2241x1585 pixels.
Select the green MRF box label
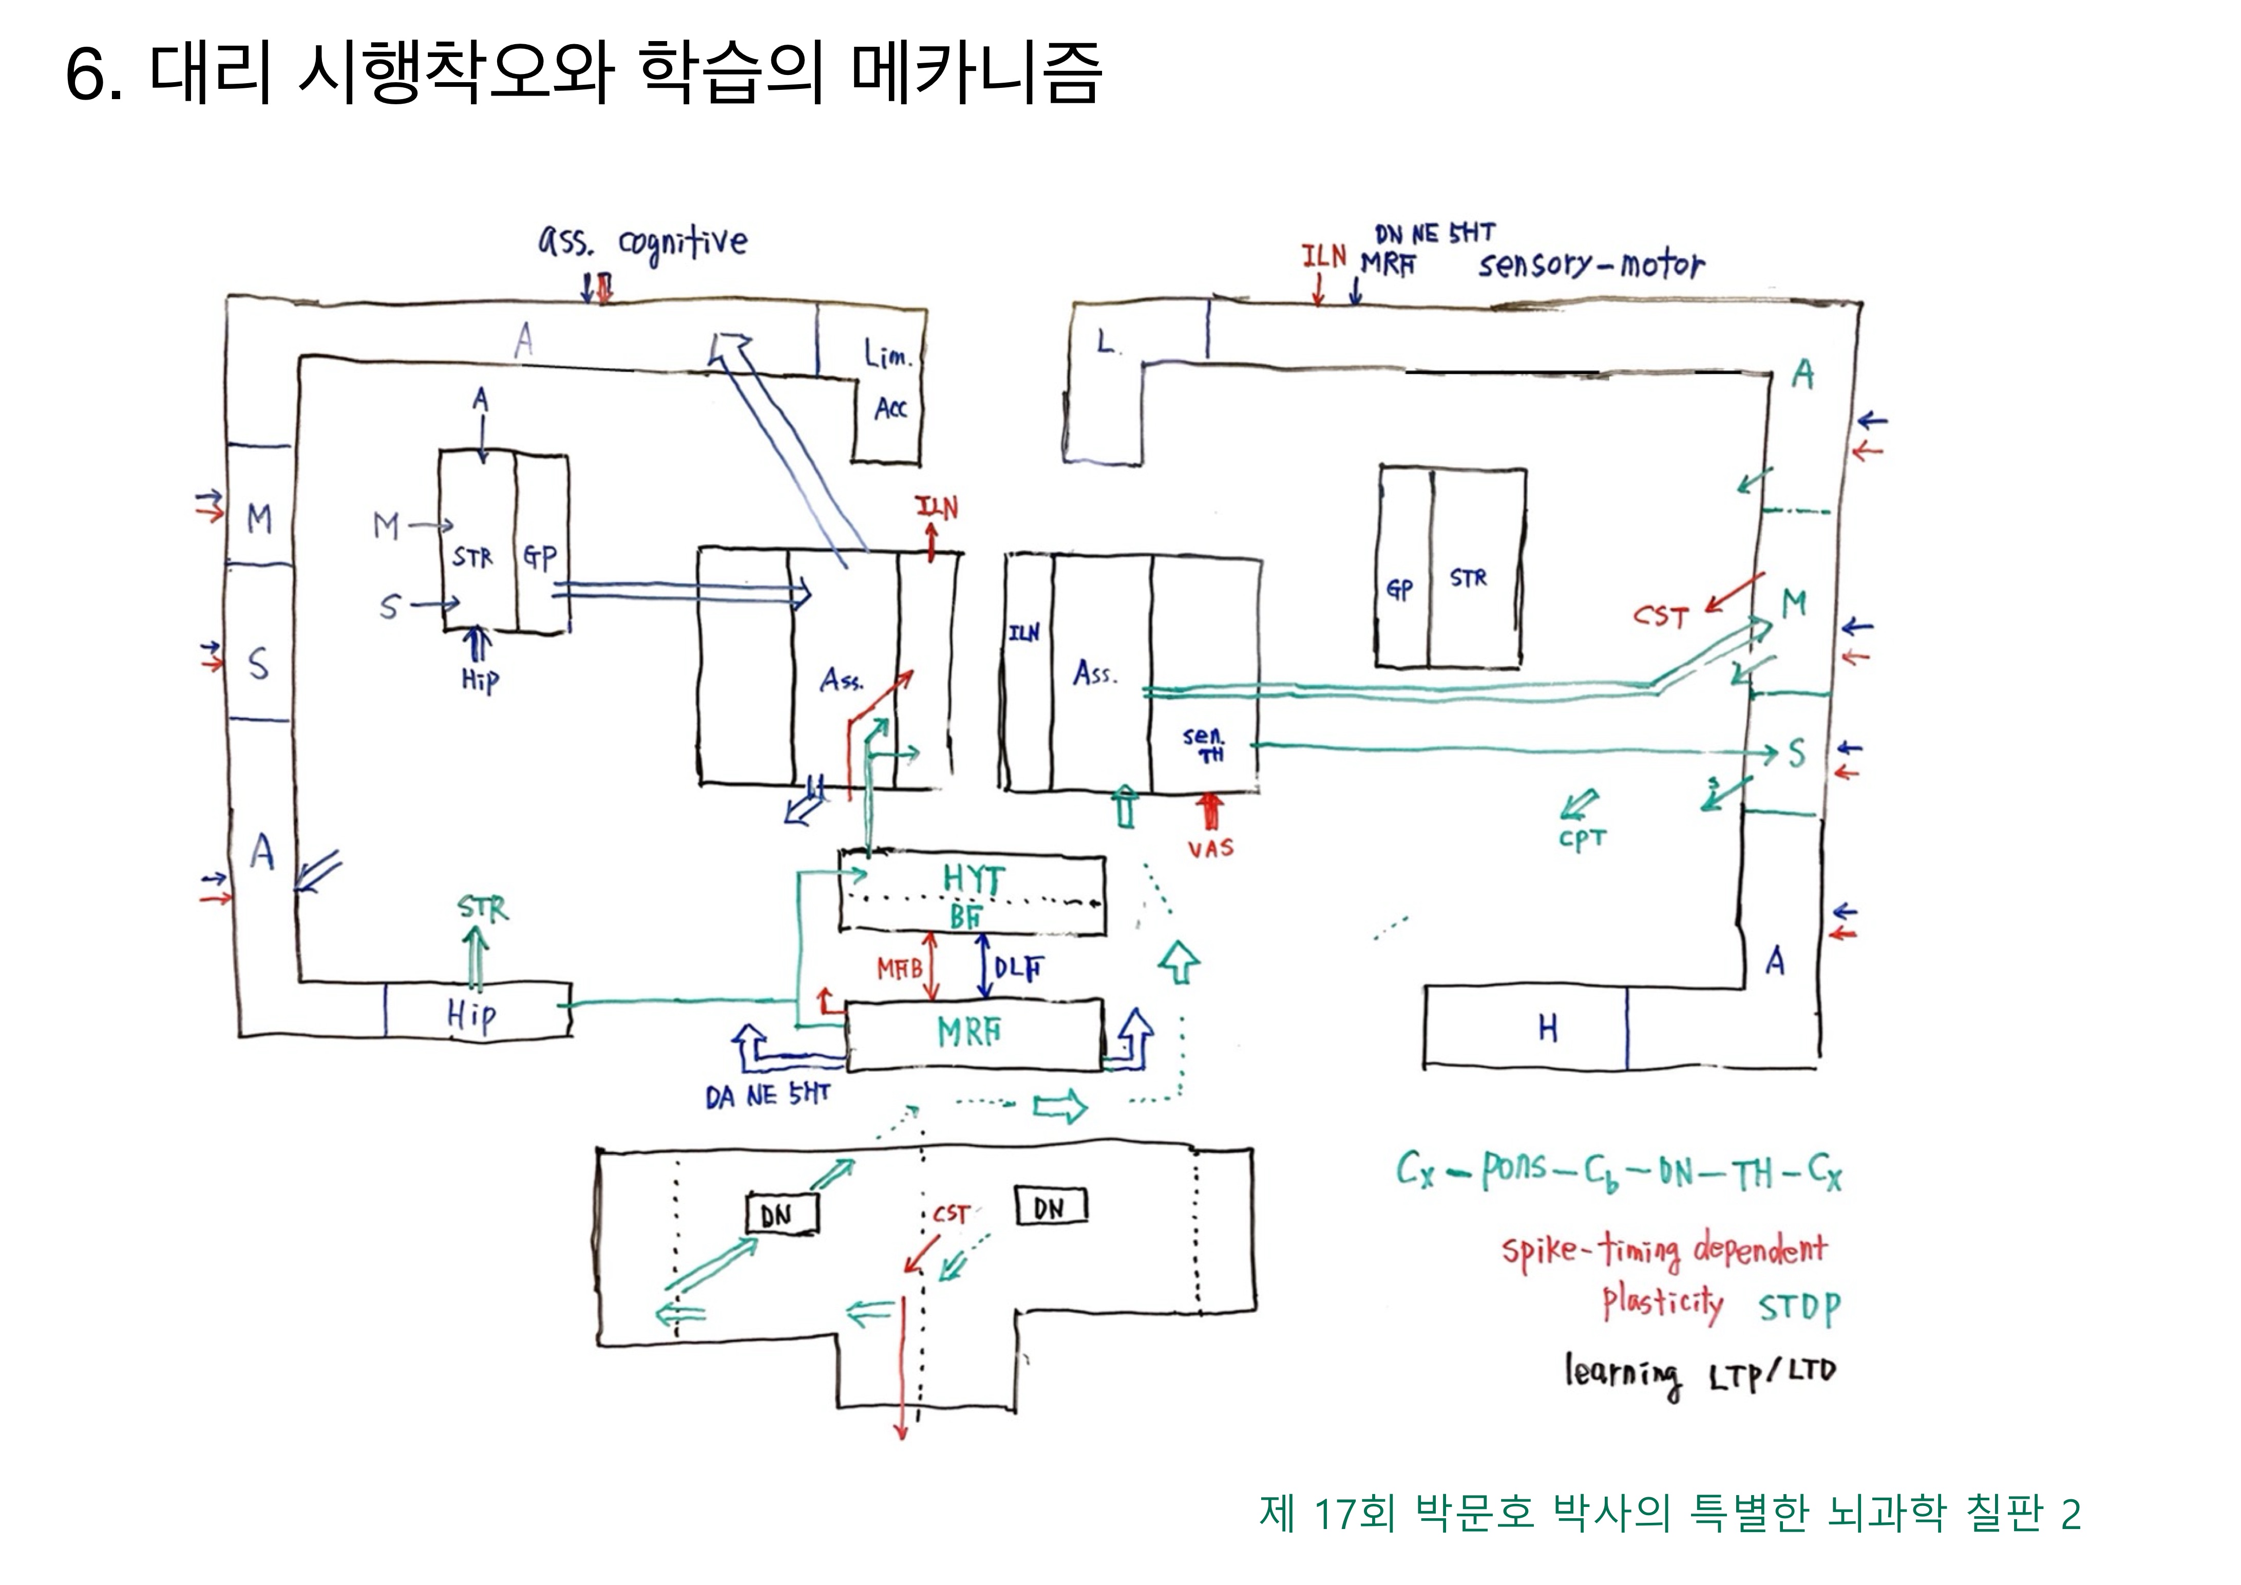pos(969,1032)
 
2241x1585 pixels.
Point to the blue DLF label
pos(1017,969)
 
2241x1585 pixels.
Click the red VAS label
pos(1210,848)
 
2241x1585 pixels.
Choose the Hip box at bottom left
pos(472,1015)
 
